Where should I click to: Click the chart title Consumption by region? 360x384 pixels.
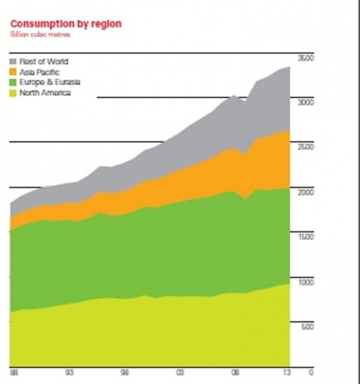point(66,24)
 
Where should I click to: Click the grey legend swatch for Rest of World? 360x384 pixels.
point(13,62)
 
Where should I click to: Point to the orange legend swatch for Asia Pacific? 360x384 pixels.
point(13,72)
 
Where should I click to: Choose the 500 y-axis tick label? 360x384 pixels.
point(307,327)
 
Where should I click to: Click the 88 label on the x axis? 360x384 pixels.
point(13,372)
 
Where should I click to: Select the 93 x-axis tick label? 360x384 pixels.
point(68,372)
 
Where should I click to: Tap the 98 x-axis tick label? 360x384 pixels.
point(125,372)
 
